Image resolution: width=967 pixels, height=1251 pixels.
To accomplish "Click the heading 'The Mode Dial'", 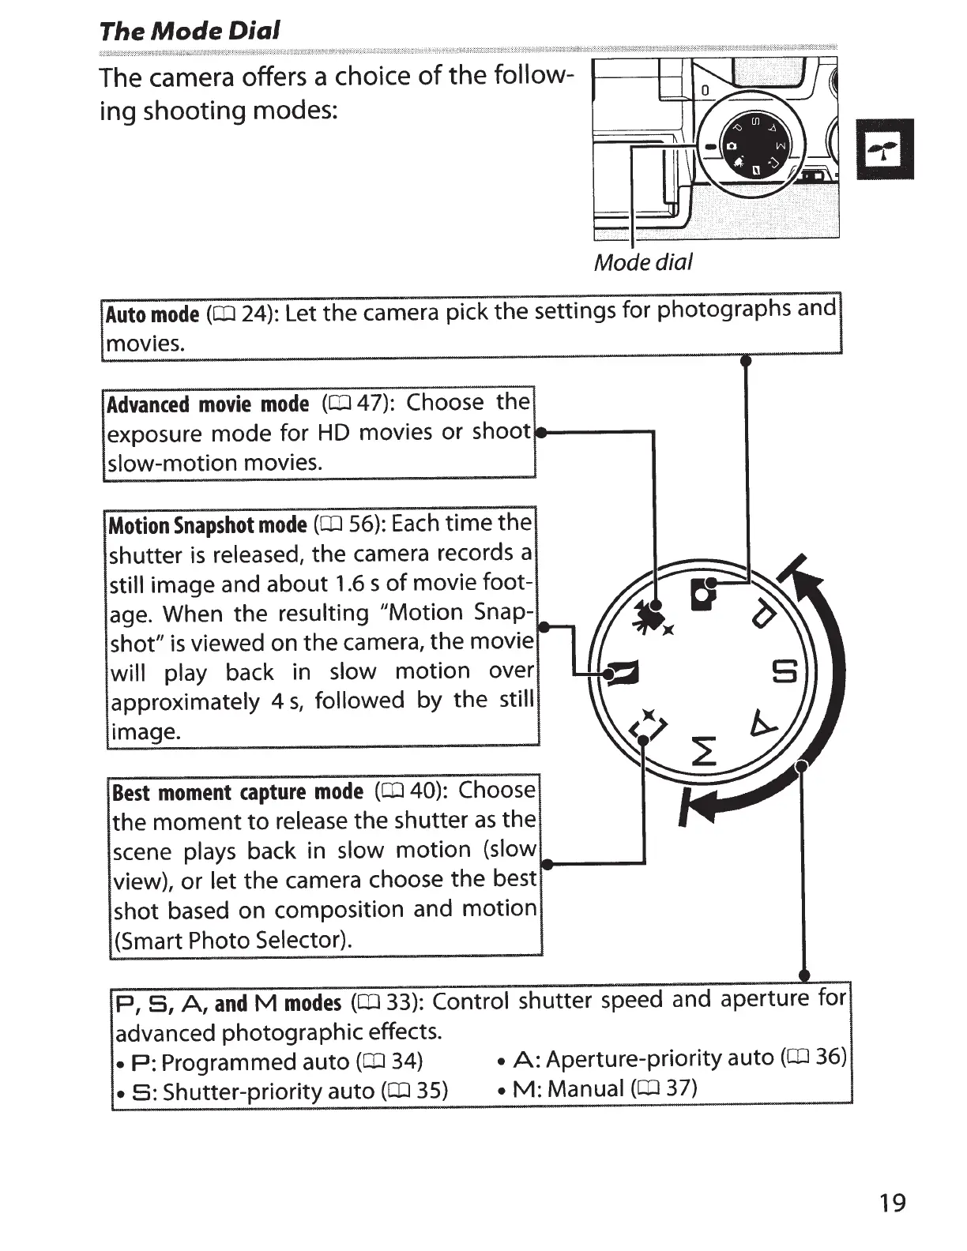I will point(190,31).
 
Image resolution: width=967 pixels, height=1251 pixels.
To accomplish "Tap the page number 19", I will point(892,1203).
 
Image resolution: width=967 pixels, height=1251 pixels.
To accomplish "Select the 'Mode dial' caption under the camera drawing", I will point(642,262).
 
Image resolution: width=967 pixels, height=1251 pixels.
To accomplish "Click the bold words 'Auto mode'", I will point(152,314).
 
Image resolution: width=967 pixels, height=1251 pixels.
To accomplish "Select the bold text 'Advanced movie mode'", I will point(208,404).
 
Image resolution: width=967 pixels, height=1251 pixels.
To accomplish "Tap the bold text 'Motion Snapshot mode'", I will point(207,525).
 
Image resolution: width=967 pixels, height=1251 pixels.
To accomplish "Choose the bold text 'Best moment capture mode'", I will point(238,792).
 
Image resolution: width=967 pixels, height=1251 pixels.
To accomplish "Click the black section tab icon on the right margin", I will point(885,148).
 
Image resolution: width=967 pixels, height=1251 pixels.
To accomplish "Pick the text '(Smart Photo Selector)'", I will point(232,940).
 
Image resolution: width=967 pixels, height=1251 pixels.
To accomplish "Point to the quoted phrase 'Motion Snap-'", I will point(455,613).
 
